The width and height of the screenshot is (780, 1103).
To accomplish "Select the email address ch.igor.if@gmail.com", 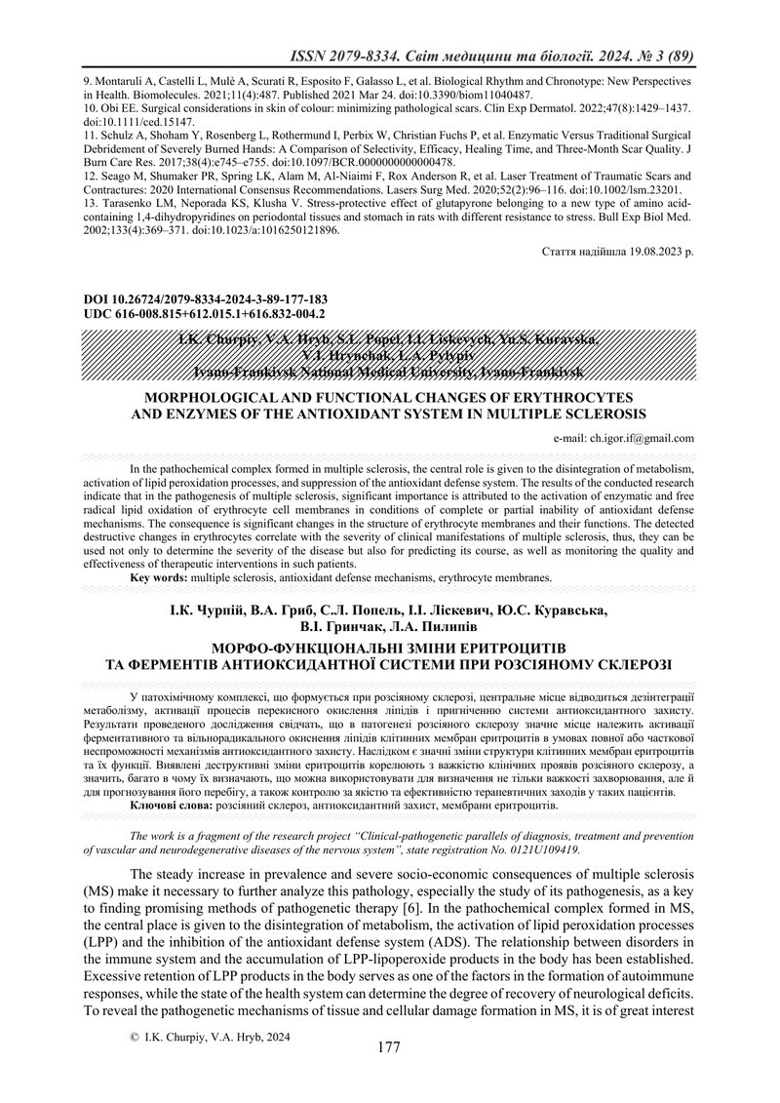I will click(x=635, y=439).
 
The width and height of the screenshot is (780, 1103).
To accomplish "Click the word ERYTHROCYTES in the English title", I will click(x=574, y=398).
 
